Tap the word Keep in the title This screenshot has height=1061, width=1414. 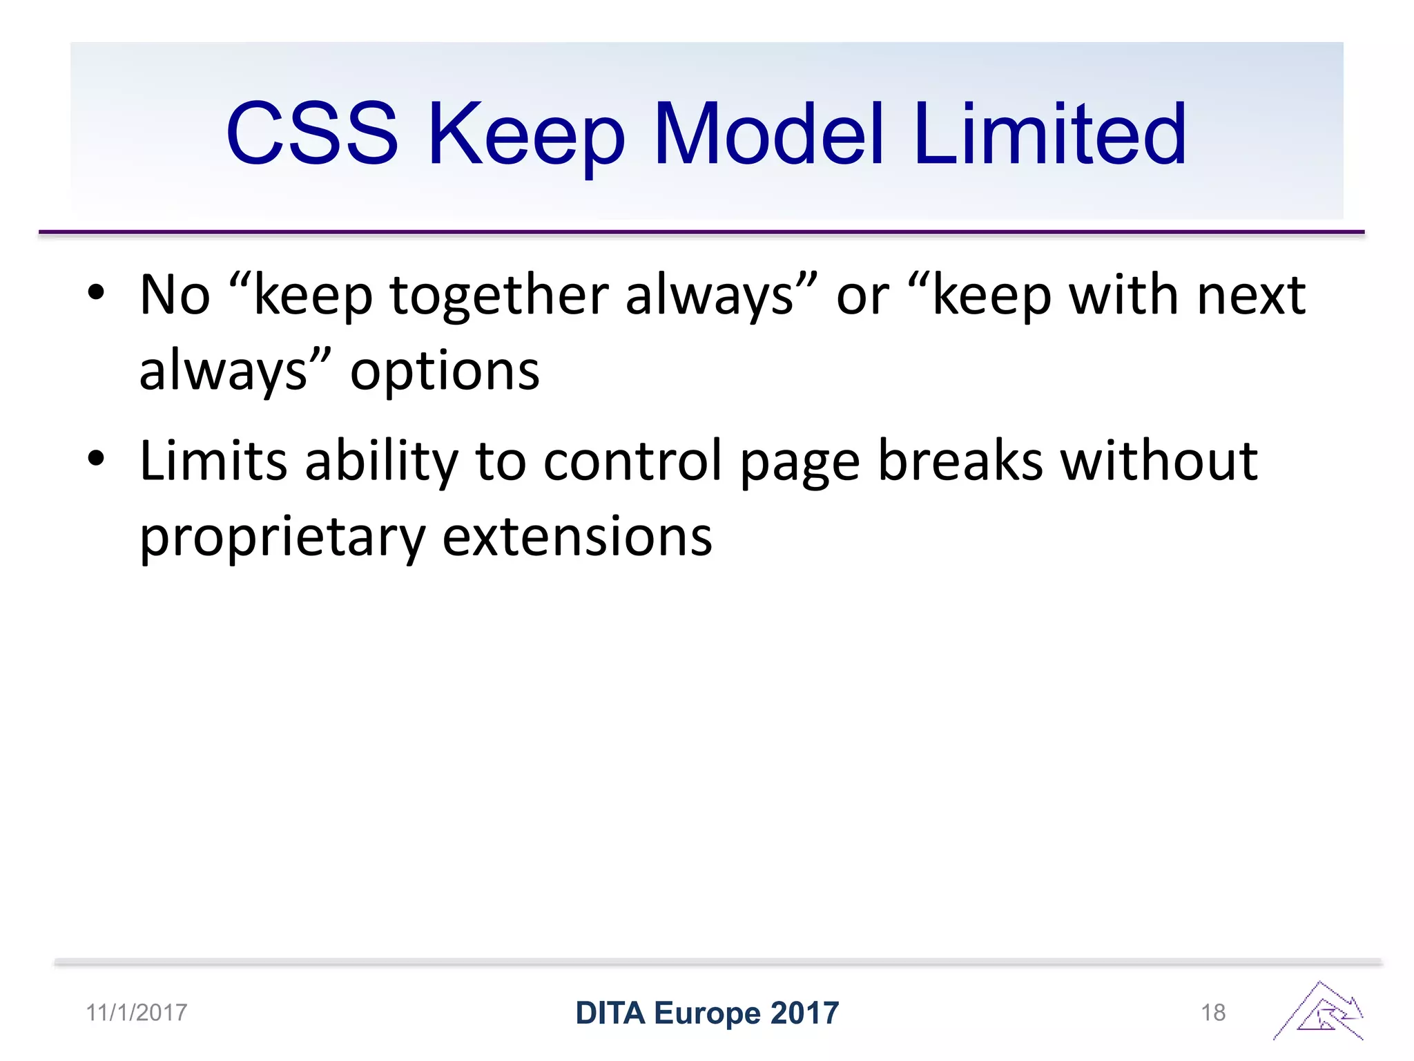tap(526, 135)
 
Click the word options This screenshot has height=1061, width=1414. tap(445, 372)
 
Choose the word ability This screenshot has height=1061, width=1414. tap(381, 461)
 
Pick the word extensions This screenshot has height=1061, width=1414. tap(577, 537)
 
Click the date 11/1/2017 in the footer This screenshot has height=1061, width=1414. tap(136, 1013)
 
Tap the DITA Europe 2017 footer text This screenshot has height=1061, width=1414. tap(707, 1013)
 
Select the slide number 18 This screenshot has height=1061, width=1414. tap(1213, 1013)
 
